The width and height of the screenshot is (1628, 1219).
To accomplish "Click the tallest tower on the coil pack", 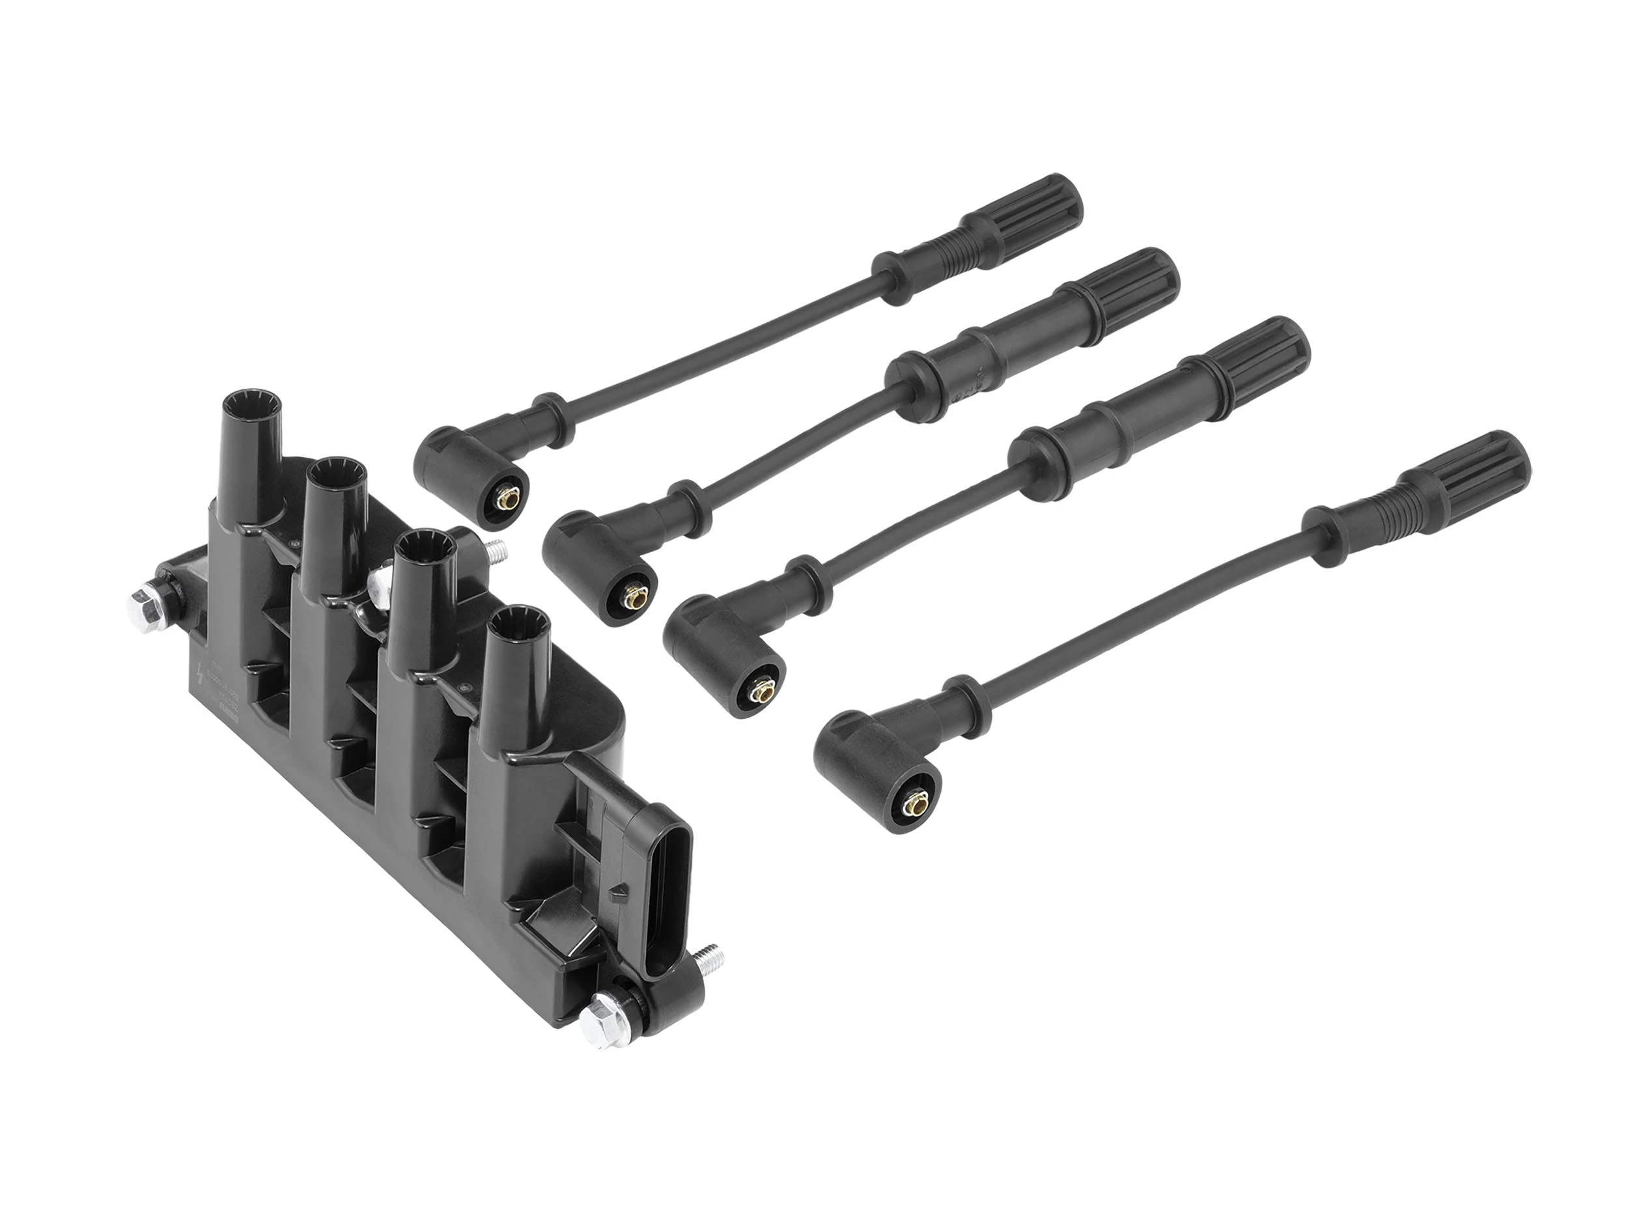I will pos(251,441).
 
